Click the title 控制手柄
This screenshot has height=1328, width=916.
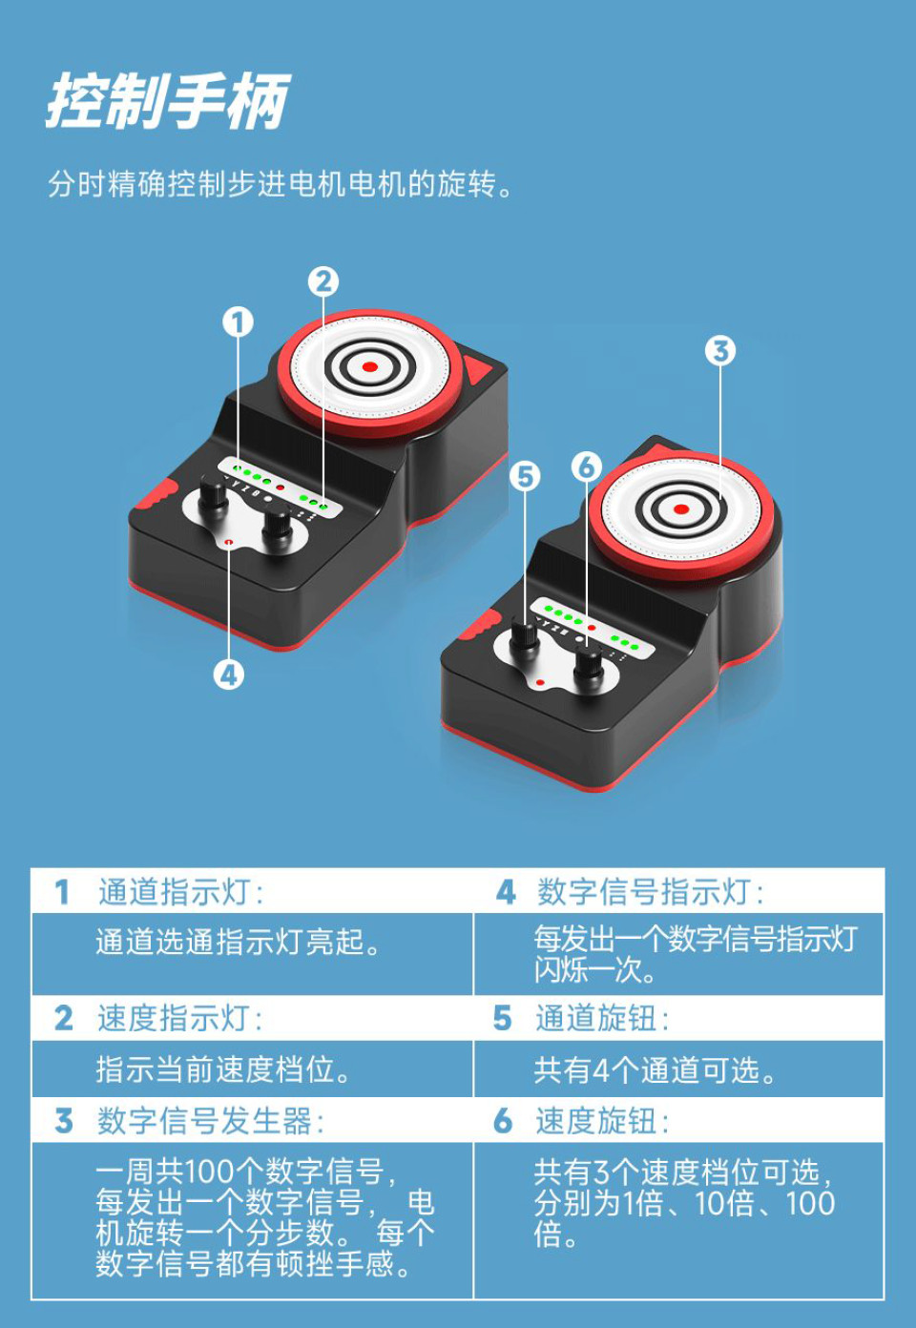pos(167,101)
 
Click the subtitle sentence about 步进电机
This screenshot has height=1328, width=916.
pos(281,183)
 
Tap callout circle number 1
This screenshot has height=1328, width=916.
pos(238,322)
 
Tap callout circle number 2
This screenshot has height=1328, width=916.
pos(323,281)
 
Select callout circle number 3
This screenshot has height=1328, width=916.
pos(720,351)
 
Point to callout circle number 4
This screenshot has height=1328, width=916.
pos(228,675)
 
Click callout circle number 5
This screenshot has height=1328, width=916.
pos(524,476)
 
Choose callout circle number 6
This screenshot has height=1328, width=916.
pos(586,467)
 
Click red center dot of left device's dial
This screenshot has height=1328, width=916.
pos(370,367)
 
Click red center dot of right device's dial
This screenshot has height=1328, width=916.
pos(680,509)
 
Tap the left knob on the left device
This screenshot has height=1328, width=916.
pos(213,497)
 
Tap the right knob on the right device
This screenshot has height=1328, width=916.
pos(589,664)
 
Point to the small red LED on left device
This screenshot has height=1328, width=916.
pos(229,542)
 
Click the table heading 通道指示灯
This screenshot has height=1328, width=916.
pos(179,892)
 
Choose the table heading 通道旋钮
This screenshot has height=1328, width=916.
pos(601,1018)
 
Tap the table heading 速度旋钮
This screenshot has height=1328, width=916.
pos(601,1120)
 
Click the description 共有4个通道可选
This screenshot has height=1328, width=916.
pos(655,1070)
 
